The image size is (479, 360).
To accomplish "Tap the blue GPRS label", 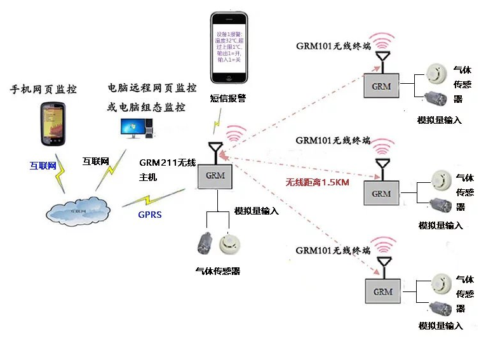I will pos(150,215).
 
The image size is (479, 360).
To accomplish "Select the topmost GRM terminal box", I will pos(381,86).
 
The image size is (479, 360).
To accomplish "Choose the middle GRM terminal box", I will pos(381,192).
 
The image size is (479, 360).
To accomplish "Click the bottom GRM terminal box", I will pos(382,291).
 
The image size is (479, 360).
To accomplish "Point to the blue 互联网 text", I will pos(43,166).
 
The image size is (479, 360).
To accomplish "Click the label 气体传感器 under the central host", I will pos(217,271).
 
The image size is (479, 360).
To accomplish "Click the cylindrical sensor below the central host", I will pos(205,244).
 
